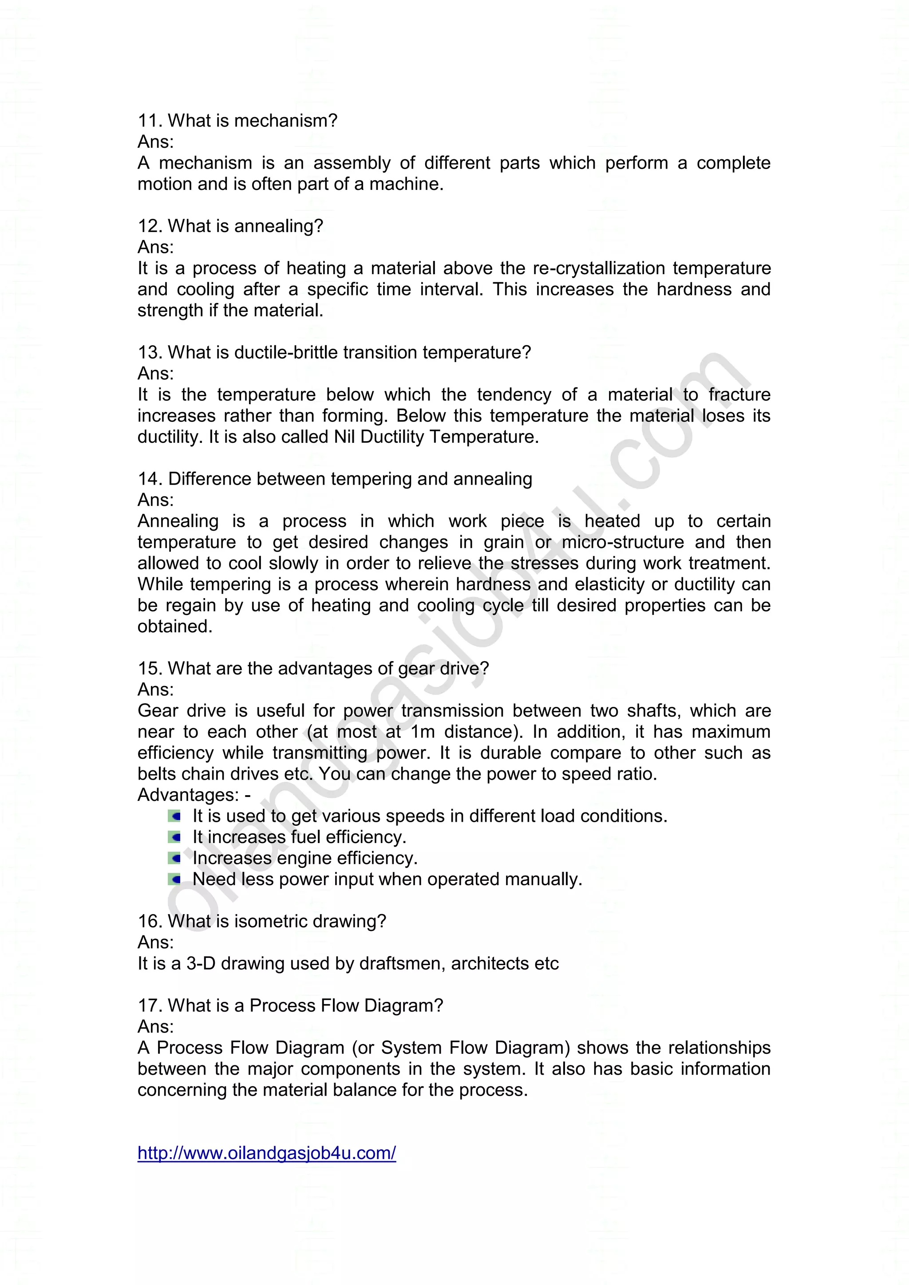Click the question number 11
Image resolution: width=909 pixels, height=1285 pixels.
pos(150,120)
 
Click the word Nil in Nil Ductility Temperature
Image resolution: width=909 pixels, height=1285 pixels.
pos(345,437)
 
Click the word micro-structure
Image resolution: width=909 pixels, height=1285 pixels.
pos(622,542)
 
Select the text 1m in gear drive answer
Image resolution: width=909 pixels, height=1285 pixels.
pos(423,732)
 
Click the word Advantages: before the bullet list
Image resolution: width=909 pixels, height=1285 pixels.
pos(189,795)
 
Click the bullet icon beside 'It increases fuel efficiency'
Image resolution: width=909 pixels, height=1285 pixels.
pos(174,837)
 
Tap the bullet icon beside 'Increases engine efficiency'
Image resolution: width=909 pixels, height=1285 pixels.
pos(174,858)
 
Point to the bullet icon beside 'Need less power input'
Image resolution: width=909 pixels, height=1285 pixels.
pos(174,879)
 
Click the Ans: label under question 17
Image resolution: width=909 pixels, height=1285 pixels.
pos(156,1026)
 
